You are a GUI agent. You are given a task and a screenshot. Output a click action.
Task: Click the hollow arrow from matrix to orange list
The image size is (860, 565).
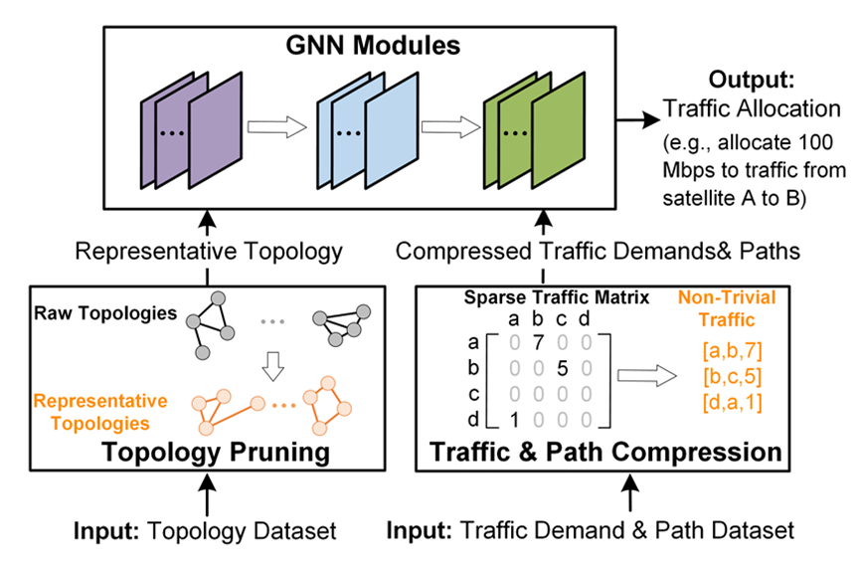point(647,376)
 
